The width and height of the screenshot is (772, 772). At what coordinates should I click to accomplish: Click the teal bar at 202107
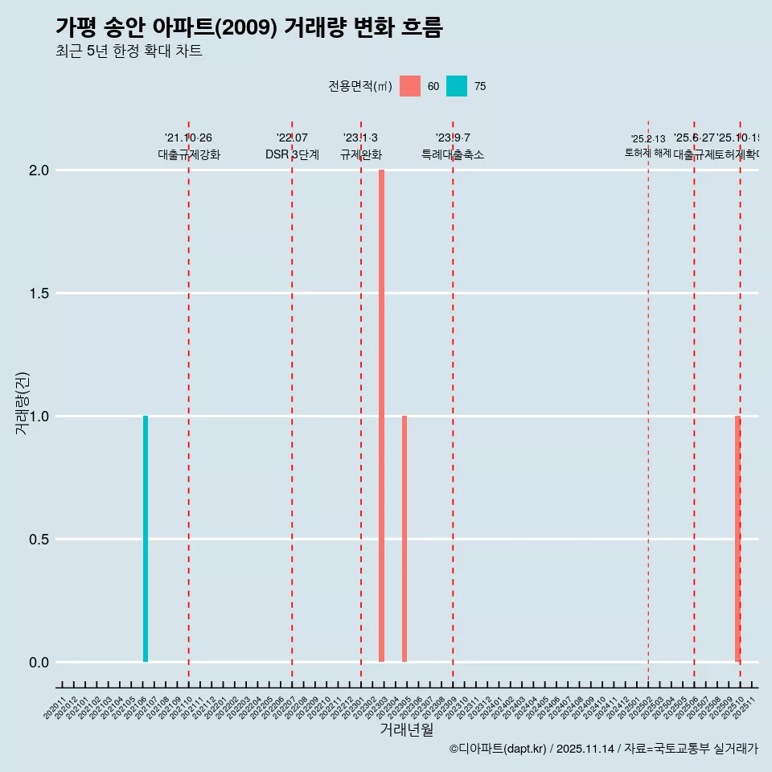[146, 539]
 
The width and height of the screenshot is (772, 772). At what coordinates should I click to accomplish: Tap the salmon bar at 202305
[404, 539]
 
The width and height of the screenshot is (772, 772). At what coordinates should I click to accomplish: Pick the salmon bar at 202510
[737, 539]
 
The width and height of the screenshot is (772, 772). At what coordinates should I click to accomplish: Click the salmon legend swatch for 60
[410, 86]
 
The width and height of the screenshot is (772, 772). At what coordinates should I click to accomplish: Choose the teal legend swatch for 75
[457, 86]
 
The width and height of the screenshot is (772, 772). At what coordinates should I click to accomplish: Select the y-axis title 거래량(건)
[23, 404]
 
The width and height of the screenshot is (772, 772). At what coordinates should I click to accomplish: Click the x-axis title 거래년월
[406, 730]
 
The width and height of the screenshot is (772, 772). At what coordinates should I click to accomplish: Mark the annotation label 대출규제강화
[189, 154]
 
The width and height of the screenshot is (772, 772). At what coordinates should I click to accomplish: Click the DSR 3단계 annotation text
[292, 154]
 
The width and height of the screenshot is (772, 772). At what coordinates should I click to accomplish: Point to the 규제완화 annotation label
[360, 154]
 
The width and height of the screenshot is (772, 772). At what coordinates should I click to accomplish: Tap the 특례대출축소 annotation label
[453, 154]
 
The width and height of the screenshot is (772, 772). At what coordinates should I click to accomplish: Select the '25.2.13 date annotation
[648, 139]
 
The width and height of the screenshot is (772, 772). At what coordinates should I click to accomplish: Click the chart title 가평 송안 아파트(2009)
[249, 27]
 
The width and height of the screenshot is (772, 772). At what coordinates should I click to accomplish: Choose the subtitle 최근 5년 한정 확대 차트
[129, 51]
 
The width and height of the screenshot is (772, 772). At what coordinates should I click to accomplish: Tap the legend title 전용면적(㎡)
[359, 86]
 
